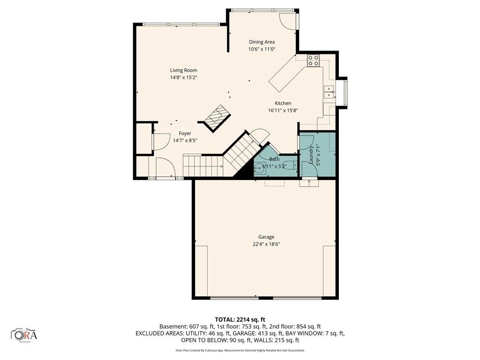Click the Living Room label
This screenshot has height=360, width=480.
point(183,70)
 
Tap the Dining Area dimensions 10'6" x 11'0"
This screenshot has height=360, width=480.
point(262,49)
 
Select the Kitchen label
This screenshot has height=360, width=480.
point(283,104)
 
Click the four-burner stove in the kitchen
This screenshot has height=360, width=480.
point(313,60)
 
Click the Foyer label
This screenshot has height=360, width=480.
point(185,134)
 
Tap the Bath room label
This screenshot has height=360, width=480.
point(274,159)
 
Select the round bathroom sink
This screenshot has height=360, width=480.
point(259,167)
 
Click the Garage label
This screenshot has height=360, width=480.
point(266,237)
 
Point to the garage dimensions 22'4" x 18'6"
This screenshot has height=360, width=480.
point(266,244)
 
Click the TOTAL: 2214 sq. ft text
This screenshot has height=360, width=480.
point(240,320)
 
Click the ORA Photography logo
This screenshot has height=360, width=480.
point(24,335)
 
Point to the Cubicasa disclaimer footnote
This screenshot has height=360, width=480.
point(240,350)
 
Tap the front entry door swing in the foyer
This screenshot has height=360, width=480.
point(165,167)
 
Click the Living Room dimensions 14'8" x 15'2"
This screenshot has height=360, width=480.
point(183,78)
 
